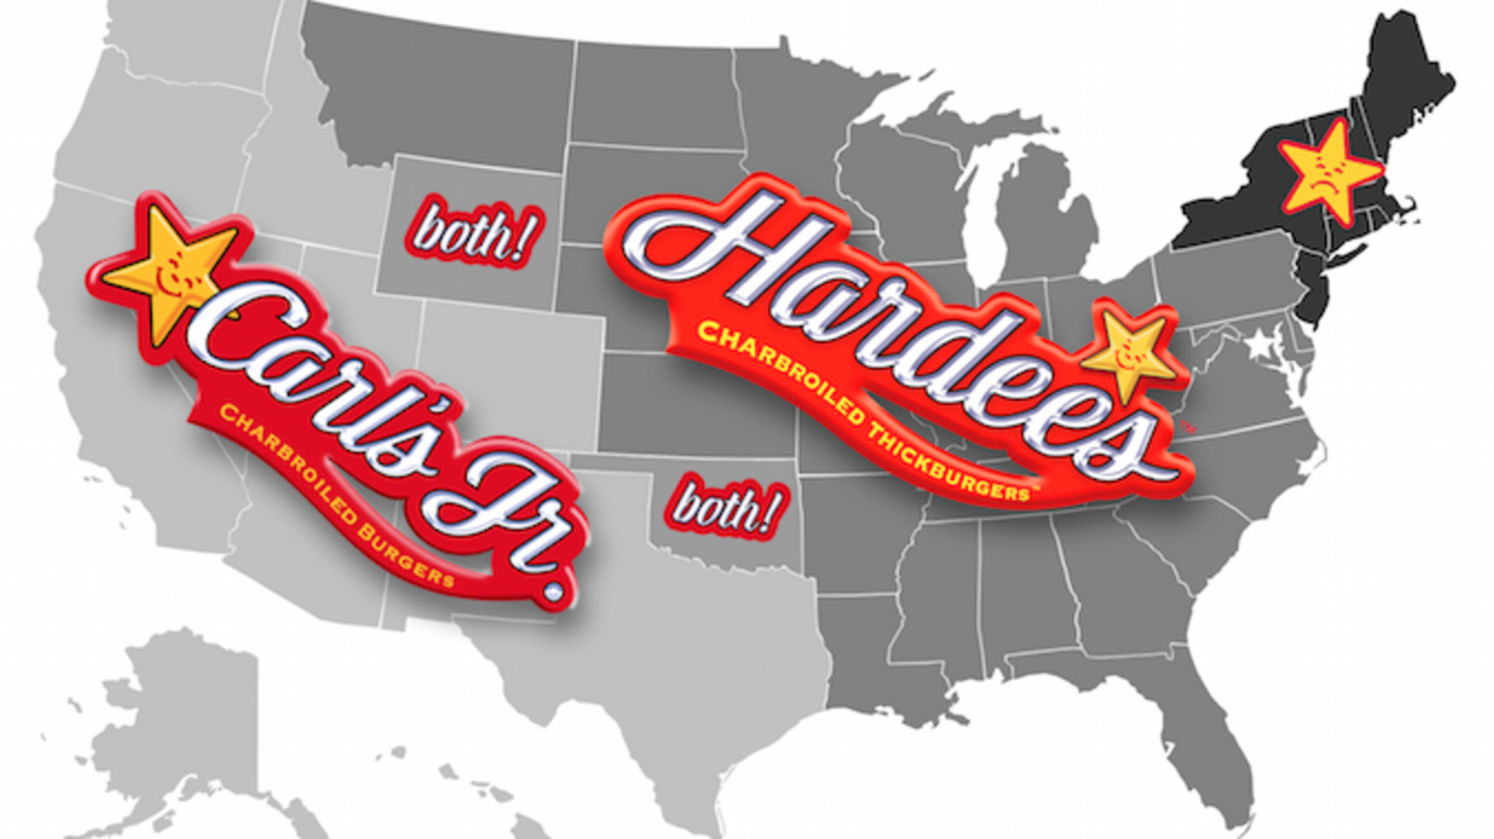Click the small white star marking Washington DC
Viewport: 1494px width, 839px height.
[1261, 346]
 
